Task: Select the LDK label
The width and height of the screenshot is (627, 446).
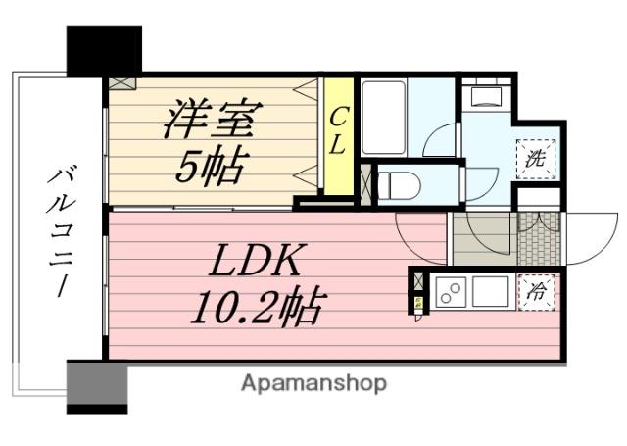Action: (x=253, y=263)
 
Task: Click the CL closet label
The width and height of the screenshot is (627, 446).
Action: (x=337, y=130)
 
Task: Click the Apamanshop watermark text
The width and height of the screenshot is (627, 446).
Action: (x=313, y=382)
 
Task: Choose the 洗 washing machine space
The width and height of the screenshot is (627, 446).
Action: (x=536, y=157)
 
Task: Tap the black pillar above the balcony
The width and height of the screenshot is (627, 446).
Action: (x=104, y=50)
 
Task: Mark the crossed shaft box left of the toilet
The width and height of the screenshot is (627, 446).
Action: (x=365, y=183)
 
